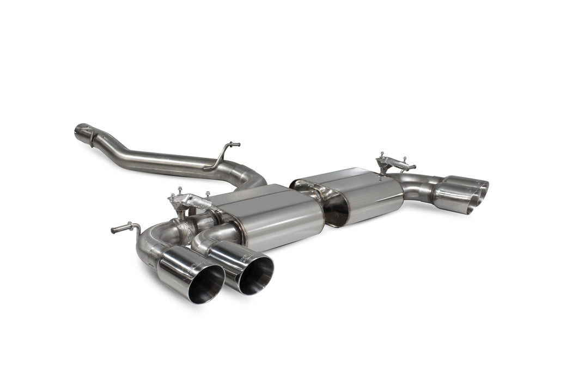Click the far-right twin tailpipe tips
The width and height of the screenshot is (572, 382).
pyautogui.click(x=463, y=194)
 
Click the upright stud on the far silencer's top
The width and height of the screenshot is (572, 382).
pyautogui.click(x=383, y=156)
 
